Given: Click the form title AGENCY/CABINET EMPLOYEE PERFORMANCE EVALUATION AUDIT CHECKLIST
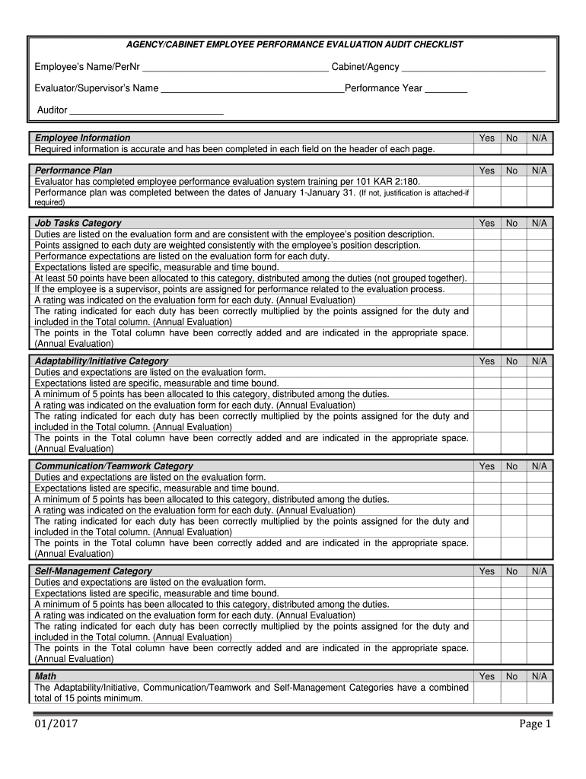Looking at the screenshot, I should click(x=294, y=45).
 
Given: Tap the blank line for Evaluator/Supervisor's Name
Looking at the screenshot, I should click(x=252, y=90).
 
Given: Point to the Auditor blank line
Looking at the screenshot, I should click(x=146, y=111).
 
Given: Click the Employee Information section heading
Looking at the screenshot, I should click(x=82, y=138).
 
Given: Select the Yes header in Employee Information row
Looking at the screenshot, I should click(x=486, y=138).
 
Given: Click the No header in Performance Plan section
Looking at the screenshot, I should click(x=512, y=170).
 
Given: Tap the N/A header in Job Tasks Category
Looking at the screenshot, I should click(x=540, y=223).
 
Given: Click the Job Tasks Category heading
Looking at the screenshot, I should click(x=78, y=223).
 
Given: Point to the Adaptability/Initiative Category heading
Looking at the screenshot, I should click(x=101, y=361).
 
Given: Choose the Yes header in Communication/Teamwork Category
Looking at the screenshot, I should click(x=486, y=466).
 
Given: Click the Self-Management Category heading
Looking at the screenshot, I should click(x=93, y=571).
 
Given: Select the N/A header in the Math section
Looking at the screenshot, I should click(x=540, y=676).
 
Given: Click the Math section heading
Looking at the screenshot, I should click(x=46, y=676).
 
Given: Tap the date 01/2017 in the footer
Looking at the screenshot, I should click(x=55, y=724).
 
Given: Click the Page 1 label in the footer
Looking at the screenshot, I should click(x=535, y=724).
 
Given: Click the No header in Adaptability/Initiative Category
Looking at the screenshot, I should click(x=512, y=361).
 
